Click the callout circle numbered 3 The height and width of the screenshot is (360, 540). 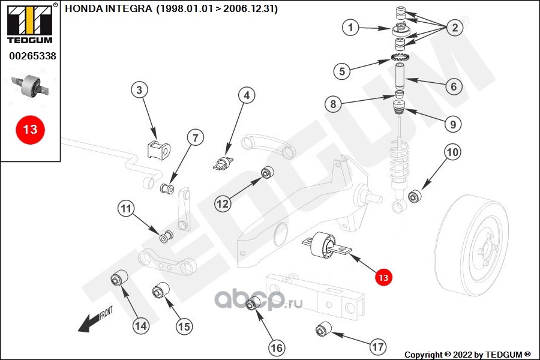[139, 90]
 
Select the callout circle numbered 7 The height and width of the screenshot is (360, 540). [196, 138]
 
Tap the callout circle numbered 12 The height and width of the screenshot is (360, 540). [223, 203]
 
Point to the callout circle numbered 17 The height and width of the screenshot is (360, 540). [378, 347]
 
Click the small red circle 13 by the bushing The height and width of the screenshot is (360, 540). [383, 277]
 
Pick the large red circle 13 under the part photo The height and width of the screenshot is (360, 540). [30, 130]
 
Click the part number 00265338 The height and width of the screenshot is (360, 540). [32, 56]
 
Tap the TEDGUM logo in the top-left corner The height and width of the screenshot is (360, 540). [31, 24]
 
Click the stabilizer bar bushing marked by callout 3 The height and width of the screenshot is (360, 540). [159, 149]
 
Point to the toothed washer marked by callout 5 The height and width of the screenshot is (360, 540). [400, 56]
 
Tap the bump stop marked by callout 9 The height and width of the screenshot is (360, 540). [400, 109]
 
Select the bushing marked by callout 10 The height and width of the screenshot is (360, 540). [414, 196]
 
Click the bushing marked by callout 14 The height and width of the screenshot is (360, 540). [119, 278]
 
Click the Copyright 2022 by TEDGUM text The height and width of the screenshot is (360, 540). [467, 355]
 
